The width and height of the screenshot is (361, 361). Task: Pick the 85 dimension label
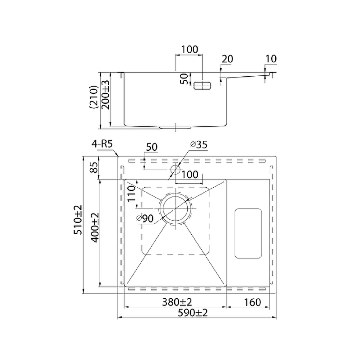[x=94, y=168]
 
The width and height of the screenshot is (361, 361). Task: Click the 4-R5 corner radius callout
[x=102, y=144]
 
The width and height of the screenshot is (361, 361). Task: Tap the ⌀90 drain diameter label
[x=145, y=219]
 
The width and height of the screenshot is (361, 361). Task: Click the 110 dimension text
[x=131, y=194]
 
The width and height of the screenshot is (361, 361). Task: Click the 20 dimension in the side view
[x=227, y=59]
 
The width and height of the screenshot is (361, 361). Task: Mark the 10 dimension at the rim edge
[x=271, y=59]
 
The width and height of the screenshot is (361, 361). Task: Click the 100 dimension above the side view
[x=189, y=50]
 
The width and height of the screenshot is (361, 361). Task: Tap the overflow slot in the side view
[x=203, y=85]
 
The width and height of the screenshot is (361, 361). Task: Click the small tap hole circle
[x=175, y=170]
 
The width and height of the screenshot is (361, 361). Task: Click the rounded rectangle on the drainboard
[x=248, y=233]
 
